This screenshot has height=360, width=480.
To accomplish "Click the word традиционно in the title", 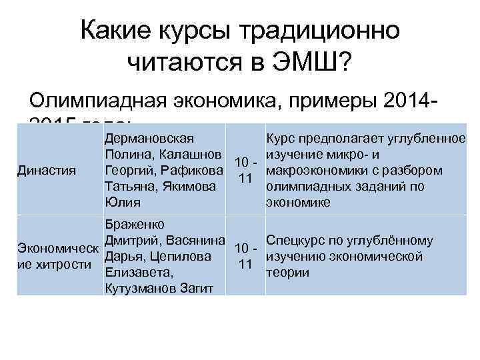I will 321,30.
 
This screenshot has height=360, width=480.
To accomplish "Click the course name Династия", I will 47,170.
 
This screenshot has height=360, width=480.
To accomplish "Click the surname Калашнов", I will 189,154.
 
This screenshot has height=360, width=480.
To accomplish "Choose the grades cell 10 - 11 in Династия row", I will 245,170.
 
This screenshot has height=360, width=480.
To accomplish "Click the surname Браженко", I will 135,225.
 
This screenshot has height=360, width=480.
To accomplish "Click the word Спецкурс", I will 296,241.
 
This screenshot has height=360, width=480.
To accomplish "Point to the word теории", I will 287,272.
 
